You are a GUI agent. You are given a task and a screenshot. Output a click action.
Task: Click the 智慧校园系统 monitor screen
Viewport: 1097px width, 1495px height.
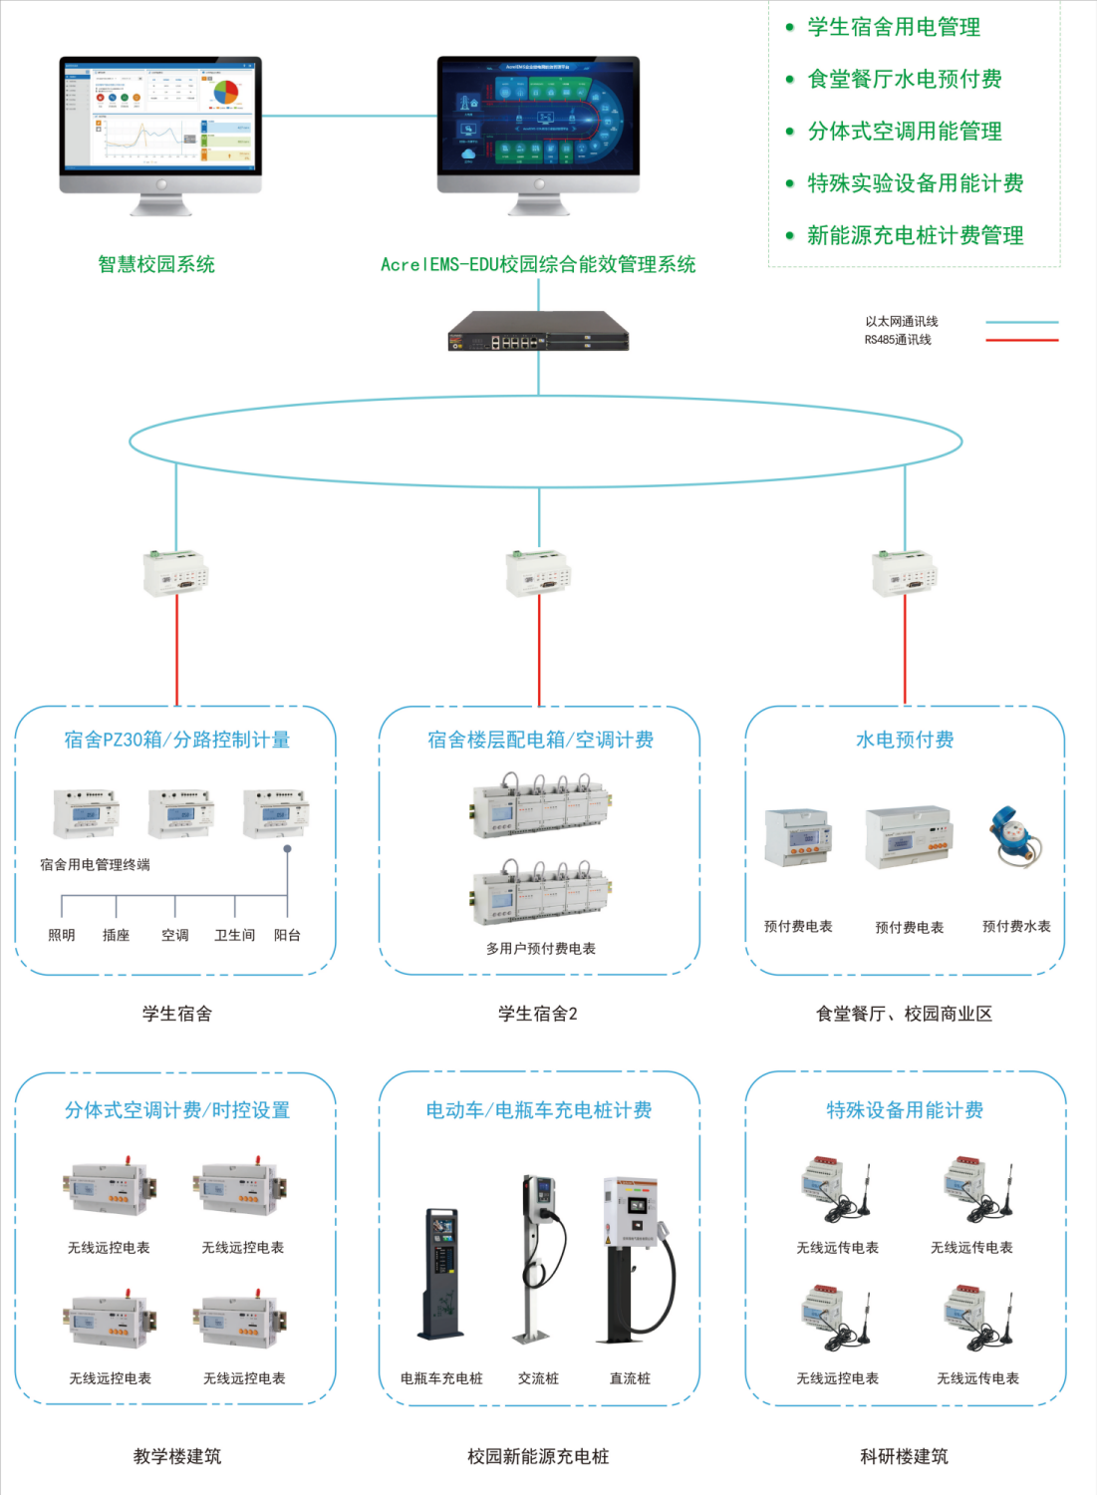pos(159,115)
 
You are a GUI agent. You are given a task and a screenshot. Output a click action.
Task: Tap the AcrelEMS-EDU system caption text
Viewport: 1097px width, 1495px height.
pos(538,264)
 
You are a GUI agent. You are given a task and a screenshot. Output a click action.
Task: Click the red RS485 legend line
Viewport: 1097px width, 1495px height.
pos(1021,340)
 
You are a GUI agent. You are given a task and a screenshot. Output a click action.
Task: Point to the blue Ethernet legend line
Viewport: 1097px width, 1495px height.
pos(1021,322)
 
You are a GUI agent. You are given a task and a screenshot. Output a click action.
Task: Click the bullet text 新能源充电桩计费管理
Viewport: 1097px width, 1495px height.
pos(915,235)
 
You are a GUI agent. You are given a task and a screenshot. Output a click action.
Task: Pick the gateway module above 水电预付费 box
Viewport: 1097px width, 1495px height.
pos(905,573)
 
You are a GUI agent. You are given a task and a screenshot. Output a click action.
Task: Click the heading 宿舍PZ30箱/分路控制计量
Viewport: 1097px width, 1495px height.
pos(176,740)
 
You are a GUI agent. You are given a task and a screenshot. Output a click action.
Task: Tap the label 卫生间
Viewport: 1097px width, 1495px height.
pos(235,935)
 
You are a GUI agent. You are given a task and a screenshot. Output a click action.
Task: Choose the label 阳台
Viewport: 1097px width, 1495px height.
pos(287,935)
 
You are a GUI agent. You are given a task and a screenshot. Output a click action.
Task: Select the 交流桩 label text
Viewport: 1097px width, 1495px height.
pos(538,1378)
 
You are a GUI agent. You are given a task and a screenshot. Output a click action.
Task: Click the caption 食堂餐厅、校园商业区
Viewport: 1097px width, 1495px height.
pos(904,1014)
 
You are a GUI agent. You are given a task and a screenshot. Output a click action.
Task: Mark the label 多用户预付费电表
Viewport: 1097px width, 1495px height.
pos(540,949)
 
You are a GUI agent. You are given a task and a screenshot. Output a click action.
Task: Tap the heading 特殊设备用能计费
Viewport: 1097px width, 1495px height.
pos(905,1110)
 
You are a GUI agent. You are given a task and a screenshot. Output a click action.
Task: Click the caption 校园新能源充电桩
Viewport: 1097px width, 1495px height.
pos(538,1456)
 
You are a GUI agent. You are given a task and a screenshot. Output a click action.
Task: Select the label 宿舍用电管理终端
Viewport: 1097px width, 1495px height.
pos(95,864)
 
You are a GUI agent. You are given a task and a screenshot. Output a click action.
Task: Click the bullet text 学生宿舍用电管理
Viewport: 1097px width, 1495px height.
pos(894,27)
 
